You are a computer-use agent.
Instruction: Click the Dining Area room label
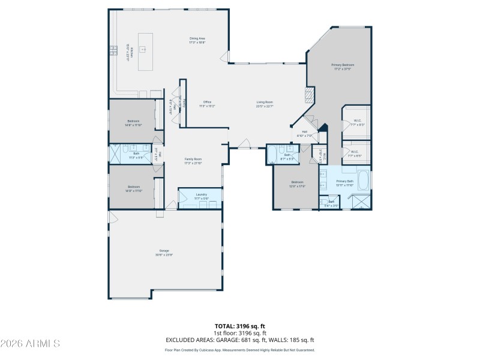coord(197,40)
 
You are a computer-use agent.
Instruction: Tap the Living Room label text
coord(265,104)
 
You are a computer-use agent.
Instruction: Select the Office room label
coord(207,104)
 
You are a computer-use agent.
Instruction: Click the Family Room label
coord(193,161)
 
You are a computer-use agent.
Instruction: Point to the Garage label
coord(164,252)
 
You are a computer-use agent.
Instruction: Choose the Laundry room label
coord(201,196)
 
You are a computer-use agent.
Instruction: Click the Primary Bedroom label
coord(343,66)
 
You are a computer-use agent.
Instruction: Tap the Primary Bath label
coord(344,182)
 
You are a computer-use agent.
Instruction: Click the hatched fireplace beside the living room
coord(310,94)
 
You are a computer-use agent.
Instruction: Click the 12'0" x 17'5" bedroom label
coord(298,184)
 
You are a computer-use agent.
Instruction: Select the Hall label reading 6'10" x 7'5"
coord(304,134)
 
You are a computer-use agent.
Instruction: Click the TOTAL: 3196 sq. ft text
coord(240,326)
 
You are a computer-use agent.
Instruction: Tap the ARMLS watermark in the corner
coord(30,344)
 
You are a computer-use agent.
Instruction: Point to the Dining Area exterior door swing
coord(224,58)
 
